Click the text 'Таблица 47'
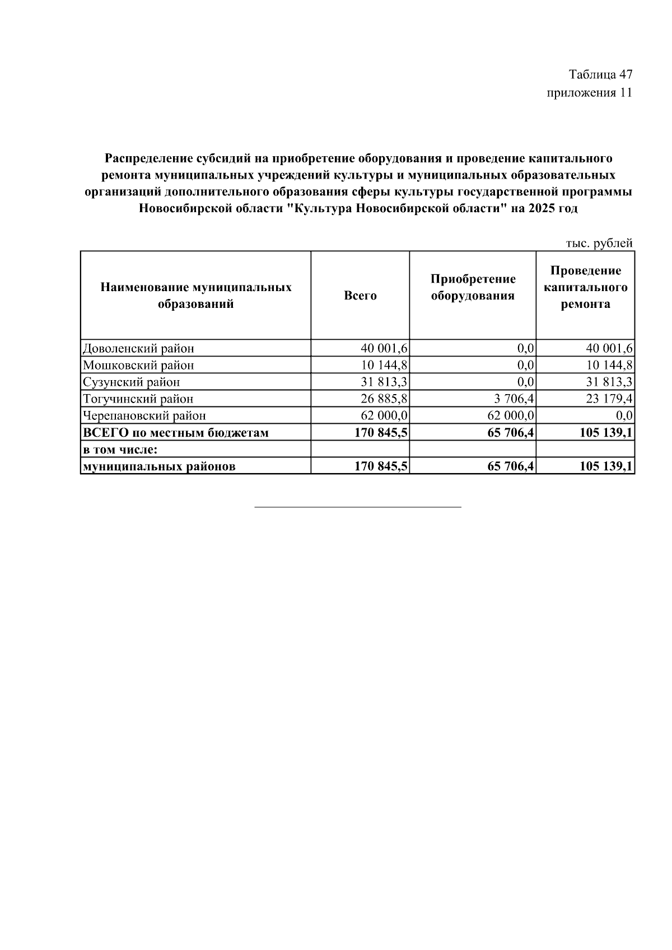pyautogui.click(x=600, y=74)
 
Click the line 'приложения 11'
pyautogui.click(x=589, y=93)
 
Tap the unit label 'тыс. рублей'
pyautogui.click(x=599, y=244)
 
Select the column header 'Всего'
pyautogui.click(x=360, y=296)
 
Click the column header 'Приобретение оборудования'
pyautogui.click(x=473, y=287)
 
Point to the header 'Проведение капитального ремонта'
pyautogui.click(x=585, y=287)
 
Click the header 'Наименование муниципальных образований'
pyautogui.click(x=196, y=296)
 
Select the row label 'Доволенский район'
pyautogui.click(x=138, y=349)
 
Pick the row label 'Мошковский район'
pyautogui.click(x=138, y=366)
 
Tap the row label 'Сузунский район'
pyautogui.click(x=132, y=382)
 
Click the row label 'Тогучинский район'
pyautogui.click(x=138, y=399)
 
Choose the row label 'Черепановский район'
pyautogui.click(x=144, y=416)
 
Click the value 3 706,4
pyautogui.click(x=514, y=399)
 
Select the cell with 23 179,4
pyautogui.click(x=609, y=399)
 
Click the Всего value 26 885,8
pyautogui.click(x=384, y=399)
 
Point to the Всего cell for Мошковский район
pyautogui.click(x=384, y=366)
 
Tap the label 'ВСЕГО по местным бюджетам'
pyautogui.click(x=175, y=433)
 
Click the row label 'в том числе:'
pyautogui.click(x=118, y=450)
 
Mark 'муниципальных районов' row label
pyautogui.click(x=159, y=466)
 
